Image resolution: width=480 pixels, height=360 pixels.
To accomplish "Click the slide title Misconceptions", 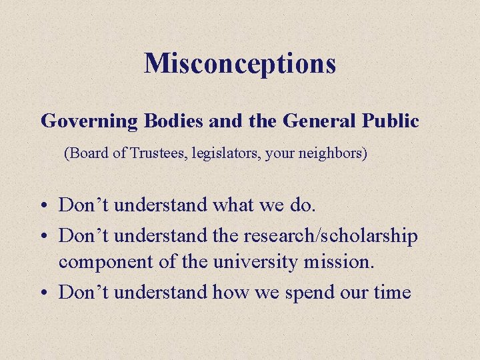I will [x=240, y=63].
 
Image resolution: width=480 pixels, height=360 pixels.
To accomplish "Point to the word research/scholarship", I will [x=331, y=237].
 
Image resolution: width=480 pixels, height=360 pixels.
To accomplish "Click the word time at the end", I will [x=390, y=292].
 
